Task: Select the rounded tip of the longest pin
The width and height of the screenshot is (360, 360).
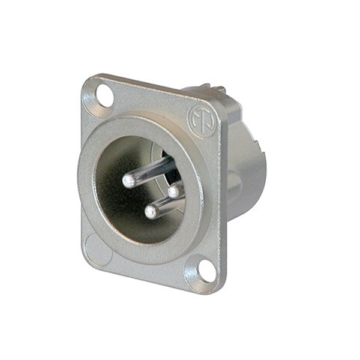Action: pos(128,181)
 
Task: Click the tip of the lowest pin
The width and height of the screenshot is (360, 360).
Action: pos(151,211)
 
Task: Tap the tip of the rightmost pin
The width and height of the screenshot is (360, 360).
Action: pos(174,191)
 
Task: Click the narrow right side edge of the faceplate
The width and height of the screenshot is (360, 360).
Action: pos(223,198)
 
